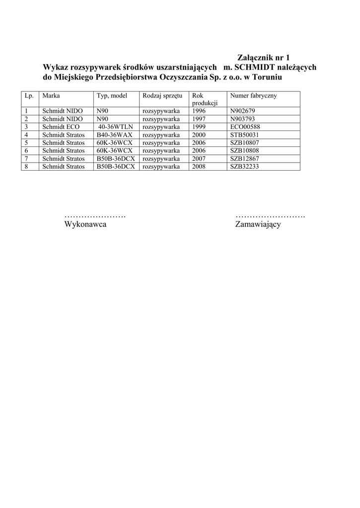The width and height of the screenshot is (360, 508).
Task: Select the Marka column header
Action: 51,95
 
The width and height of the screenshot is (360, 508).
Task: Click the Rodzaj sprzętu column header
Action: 162,95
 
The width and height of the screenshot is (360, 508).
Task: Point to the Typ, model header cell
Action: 112,95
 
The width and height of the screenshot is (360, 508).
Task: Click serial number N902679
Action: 243,111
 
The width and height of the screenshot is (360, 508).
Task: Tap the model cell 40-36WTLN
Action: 116,127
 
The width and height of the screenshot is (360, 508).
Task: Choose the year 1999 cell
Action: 199,127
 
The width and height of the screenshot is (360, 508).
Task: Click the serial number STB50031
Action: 245,135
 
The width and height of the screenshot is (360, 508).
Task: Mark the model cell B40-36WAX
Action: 115,135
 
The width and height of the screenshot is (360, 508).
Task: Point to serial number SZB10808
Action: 245,151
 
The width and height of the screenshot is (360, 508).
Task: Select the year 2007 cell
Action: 199,159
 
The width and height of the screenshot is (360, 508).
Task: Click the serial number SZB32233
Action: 245,167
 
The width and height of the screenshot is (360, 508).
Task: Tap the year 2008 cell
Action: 199,167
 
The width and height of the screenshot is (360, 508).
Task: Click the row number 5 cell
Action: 26,143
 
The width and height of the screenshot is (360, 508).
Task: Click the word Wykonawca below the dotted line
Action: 85,225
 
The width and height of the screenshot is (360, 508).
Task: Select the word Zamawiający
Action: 258,225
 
